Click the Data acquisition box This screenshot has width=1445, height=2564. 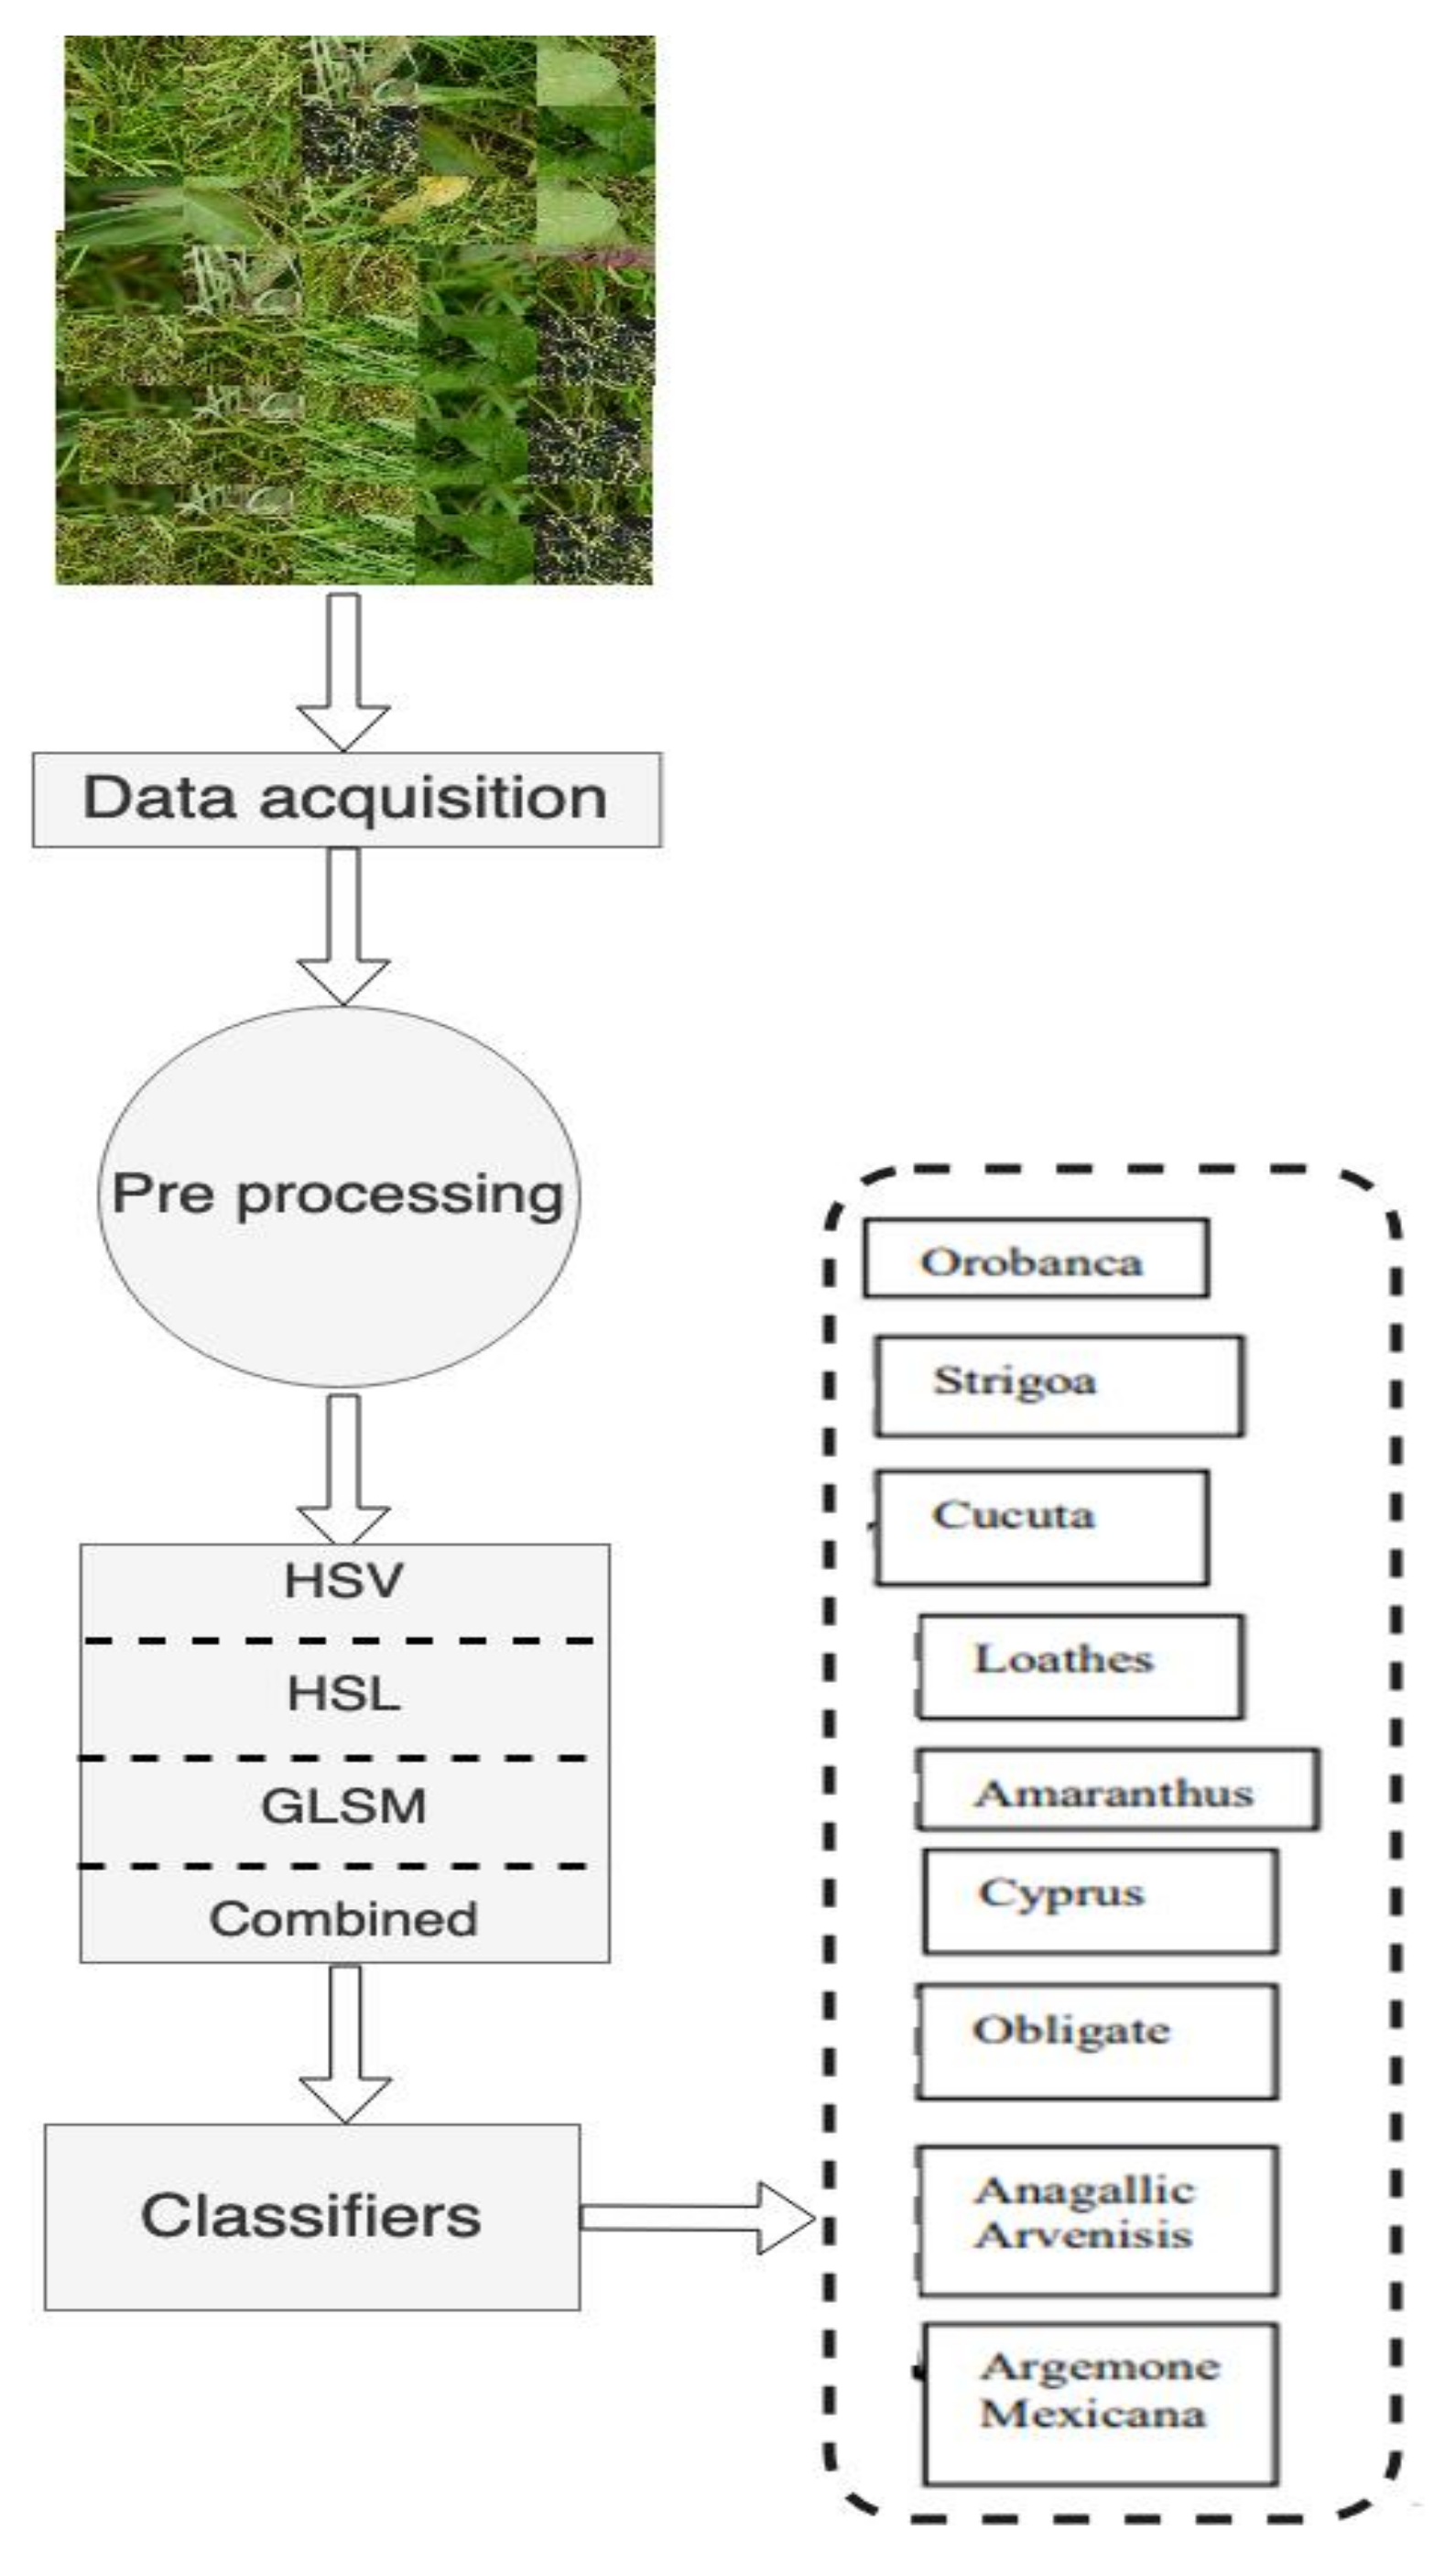point(346,800)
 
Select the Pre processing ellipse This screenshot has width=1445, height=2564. point(339,1195)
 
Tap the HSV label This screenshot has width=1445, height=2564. point(343,1580)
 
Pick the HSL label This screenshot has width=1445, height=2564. point(343,1693)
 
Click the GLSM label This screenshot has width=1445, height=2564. point(343,1806)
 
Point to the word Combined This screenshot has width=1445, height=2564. point(343,1918)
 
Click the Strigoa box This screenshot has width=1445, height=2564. point(1058,1384)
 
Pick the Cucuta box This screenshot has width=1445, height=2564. point(1042,1526)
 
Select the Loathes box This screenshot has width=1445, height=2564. point(1079,1665)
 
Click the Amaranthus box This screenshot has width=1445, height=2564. point(1116,1792)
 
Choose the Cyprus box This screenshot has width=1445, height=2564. point(1099,1900)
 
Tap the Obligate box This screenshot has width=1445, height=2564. point(1096,2039)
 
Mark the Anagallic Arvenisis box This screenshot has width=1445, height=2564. point(1097,2220)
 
